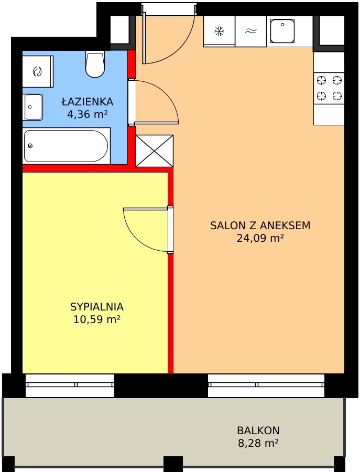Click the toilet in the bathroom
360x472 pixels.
click(x=95, y=64)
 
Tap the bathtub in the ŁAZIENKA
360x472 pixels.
click(x=66, y=146)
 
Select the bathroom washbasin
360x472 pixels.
click(x=33, y=107)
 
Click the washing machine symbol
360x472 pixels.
click(x=37, y=72)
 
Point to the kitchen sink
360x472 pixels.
click(x=282, y=31)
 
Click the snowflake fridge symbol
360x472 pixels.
click(x=219, y=31)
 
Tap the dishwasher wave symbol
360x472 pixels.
click(x=250, y=31)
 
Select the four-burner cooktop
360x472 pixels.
click(x=329, y=89)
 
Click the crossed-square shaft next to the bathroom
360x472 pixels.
click(x=154, y=151)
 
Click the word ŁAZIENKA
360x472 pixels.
click(x=88, y=102)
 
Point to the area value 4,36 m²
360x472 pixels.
click(x=87, y=114)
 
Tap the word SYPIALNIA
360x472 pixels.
click(x=97, y=307)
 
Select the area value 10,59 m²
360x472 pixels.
click(x=97, y=319)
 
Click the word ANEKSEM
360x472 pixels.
click(x=285, y=226)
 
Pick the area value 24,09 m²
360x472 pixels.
click(x=260, y=238)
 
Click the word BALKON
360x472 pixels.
click(x=258, y=431)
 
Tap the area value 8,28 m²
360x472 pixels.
click(x=258, y=443)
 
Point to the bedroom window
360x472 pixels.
click(x=70, y=385)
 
